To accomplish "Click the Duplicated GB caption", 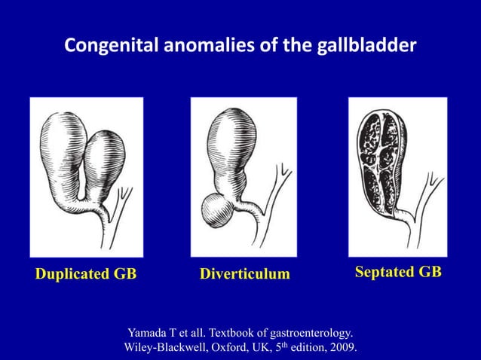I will coord(86,274).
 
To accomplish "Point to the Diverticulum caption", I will coord(244,274).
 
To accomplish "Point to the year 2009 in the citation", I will coord(342,347).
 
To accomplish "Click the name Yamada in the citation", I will coord(149,331).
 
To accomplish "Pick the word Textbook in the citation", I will coord(233,331).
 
